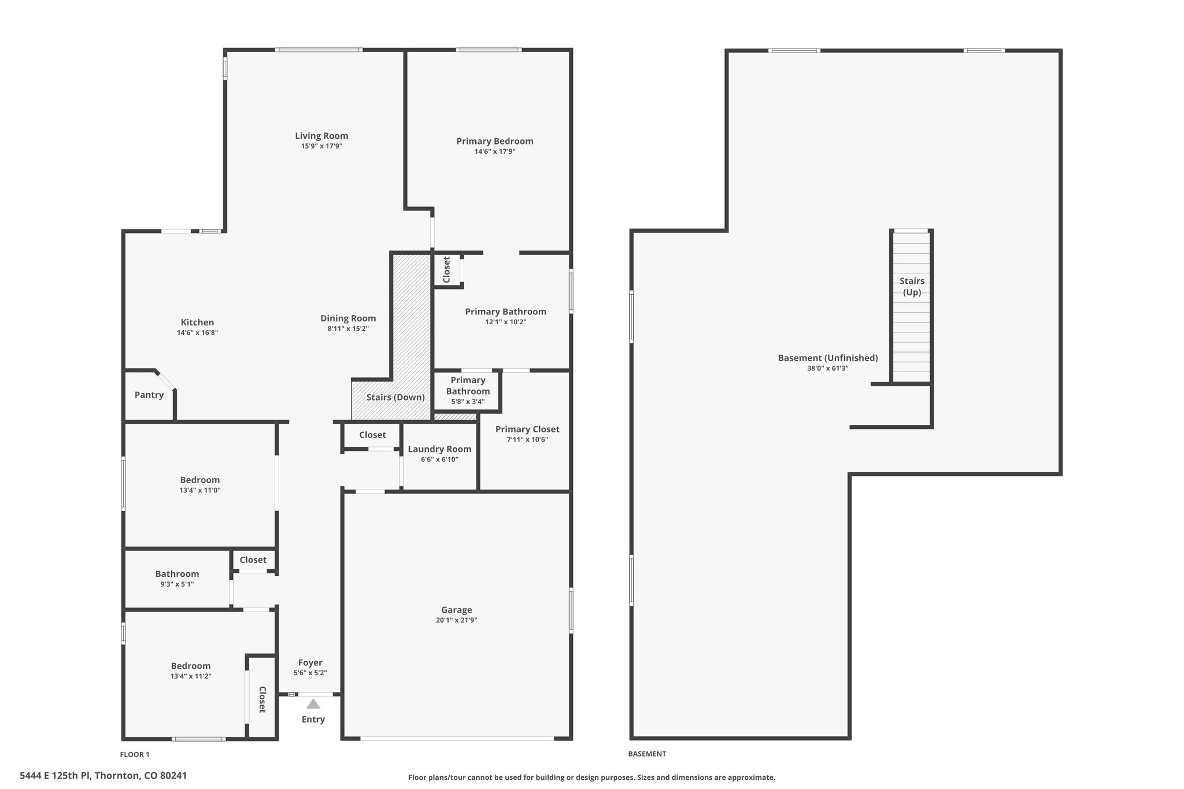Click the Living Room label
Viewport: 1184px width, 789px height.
coord(321,136)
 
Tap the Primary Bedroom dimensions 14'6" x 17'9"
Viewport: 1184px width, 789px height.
coord(495,151)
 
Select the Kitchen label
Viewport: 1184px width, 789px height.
coord(197,323)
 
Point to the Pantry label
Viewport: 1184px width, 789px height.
coord(149,395)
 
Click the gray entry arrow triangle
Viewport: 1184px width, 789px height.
coord(313,704)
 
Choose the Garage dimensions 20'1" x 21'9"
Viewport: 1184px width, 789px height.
coord(457,620)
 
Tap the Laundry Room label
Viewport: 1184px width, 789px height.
coord(440,449)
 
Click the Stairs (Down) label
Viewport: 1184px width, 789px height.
coord(395,398)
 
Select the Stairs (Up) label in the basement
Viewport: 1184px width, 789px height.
coord(912,287)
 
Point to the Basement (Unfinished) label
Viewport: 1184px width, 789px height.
coord(828,358)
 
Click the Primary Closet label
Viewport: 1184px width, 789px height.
coord(527,429)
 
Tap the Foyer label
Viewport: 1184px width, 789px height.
coord(310,663)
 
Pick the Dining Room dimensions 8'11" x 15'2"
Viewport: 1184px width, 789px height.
coord(348,329)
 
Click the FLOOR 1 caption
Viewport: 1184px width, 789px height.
coord(135,754)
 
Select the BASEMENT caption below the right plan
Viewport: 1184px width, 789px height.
coord(647,754)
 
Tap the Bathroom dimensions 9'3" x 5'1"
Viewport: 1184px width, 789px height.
coord(177,584)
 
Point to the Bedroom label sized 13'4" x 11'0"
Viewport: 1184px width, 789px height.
coord(200,480)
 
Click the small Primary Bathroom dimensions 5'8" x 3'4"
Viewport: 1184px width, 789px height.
coord(468,402)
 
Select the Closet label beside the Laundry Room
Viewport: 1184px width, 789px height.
coord(372,435)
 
